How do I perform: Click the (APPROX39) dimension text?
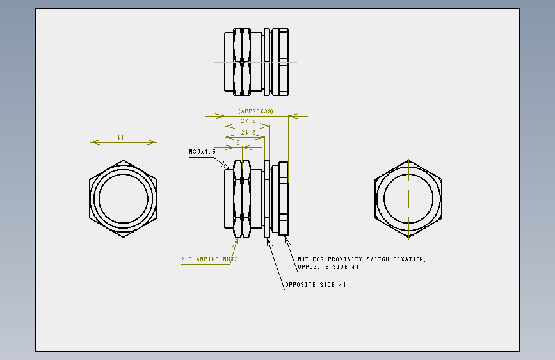[255, 111]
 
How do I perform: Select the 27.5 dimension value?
[248, 121]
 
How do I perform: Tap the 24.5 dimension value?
[248, 132]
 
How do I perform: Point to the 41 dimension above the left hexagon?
[120, 138]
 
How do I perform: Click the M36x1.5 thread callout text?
[202, 152]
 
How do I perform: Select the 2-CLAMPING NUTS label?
[209, 259]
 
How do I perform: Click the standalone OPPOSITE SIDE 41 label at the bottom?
[316, 285]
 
